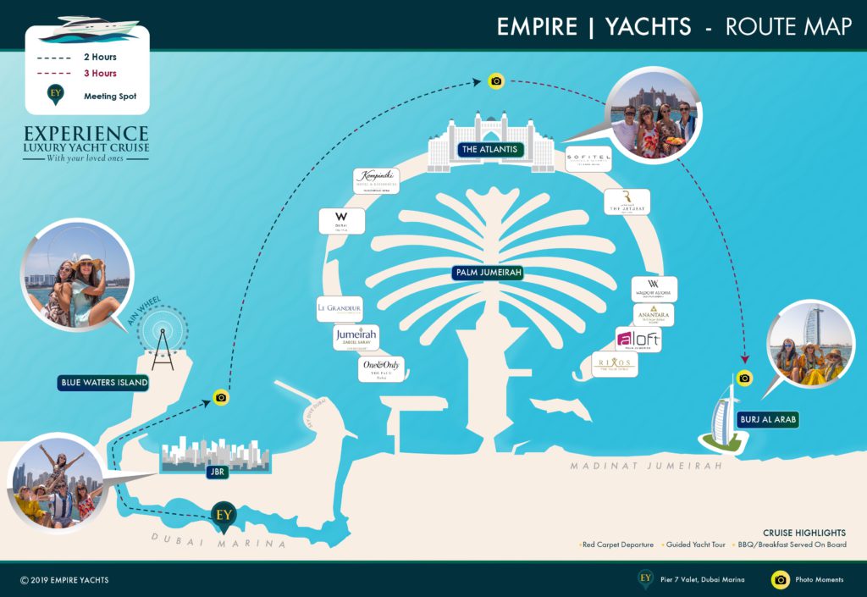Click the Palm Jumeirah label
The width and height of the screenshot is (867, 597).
tap(487, 273)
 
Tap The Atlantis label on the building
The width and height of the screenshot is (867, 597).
tap(490, 150)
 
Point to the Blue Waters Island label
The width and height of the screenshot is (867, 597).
tap(104, 383)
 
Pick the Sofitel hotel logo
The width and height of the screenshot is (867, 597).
tap(588, 159)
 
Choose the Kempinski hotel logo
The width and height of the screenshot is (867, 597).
tap(376, 181)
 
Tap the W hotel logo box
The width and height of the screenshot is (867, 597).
tap(342, 221)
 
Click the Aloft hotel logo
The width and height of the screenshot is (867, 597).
tap(638, 340)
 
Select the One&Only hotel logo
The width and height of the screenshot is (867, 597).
tap(382, 368)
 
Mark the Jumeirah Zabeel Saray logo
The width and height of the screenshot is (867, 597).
tap(356, 337)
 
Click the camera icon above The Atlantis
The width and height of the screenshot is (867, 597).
tap(496, 81)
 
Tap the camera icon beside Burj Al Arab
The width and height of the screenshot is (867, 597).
tap(744, 378)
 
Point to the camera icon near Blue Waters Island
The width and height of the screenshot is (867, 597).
tap(221, 396)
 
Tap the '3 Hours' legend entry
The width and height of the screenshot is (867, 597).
tap(100, 74)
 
